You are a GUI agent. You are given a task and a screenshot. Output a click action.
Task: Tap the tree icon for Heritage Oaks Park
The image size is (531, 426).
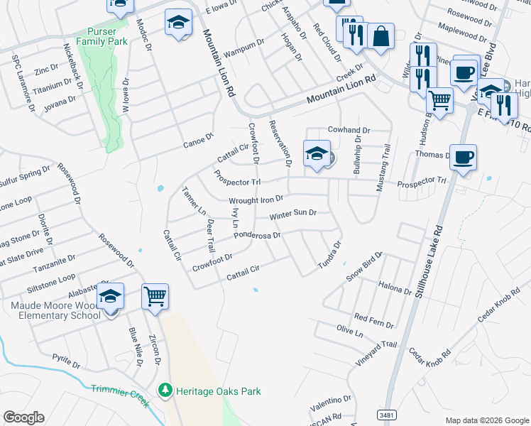tap(165, 390)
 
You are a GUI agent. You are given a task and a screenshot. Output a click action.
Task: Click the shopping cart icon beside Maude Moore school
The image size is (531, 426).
tap(155, 297)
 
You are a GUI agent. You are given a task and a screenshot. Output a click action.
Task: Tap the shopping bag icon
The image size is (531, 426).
tap(381, 37)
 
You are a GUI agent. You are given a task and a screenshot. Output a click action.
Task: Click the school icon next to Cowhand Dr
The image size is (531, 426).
tap(317, 153)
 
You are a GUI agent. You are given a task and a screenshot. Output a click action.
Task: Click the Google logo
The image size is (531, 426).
tap(24, 417)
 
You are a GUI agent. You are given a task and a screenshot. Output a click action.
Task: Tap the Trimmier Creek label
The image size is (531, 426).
tap(120, 395)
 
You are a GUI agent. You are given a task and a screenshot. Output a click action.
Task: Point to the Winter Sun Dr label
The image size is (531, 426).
tap(292, 214)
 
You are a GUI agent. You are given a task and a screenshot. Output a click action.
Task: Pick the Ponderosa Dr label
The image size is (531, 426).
tap(257, 234)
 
